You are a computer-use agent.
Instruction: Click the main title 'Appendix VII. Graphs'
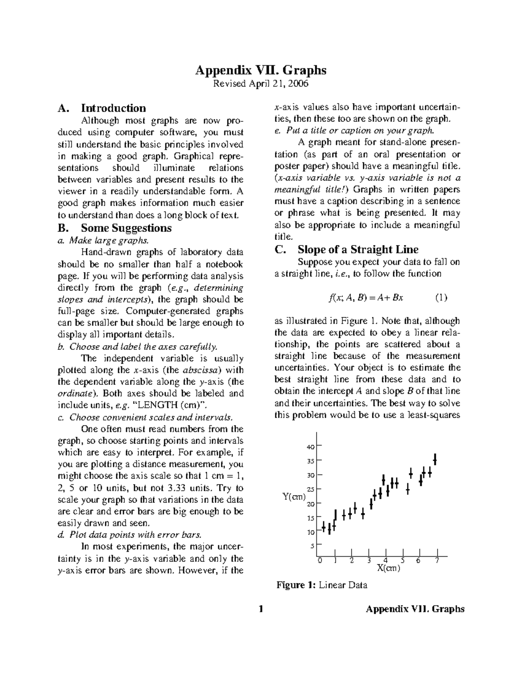pyautogui.click(x=261, y=70)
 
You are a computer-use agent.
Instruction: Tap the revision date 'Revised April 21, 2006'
pyautogui.click(x=260, y=84)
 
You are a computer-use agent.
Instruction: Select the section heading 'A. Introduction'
pyautogui.click(x=102, y=108)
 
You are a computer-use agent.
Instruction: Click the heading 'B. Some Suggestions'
pyautogui.click(x=114, y=228)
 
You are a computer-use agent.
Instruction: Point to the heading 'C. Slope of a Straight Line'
pyautogui.click(x=346, y=249)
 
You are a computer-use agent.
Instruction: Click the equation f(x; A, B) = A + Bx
pyautogui.click(x=366, y=298)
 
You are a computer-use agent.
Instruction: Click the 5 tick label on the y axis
pyautogui.click(x=312, y=546)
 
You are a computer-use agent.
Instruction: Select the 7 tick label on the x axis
pyautogui.click(x=437, y=560)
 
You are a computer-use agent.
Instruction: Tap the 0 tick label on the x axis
pyautogui.click(x=320, y=560)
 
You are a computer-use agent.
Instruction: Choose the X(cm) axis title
pyautogui.click(x=388, y=568)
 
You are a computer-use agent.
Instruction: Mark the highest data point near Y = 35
pyautogui.click(x=435, y=459)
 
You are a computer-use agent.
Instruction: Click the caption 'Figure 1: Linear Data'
pyautogui.click(x=322, y=585)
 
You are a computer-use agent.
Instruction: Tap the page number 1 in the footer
pyautogui.click(x=261, y=609)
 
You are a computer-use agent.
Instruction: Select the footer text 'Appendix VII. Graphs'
pyautogui.click(x=415, y=609)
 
